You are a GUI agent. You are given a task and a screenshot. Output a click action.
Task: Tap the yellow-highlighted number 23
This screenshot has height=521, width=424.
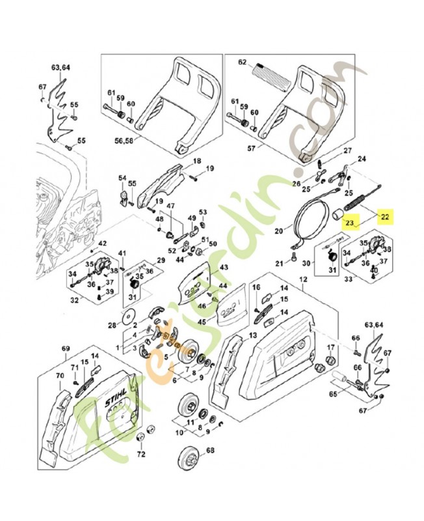tap(350, 223)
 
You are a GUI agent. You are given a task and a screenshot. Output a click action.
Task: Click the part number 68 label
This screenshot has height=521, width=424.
tap(209, 451)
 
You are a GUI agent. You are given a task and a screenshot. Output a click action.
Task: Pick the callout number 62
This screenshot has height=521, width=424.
tap(243, 63)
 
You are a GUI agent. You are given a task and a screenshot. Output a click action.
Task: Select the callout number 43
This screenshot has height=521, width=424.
tap(224, 268)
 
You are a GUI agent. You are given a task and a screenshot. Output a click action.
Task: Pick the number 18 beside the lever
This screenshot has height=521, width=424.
tap(196, 161)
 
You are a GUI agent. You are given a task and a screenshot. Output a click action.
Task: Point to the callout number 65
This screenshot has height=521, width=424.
tap(333, 395)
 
